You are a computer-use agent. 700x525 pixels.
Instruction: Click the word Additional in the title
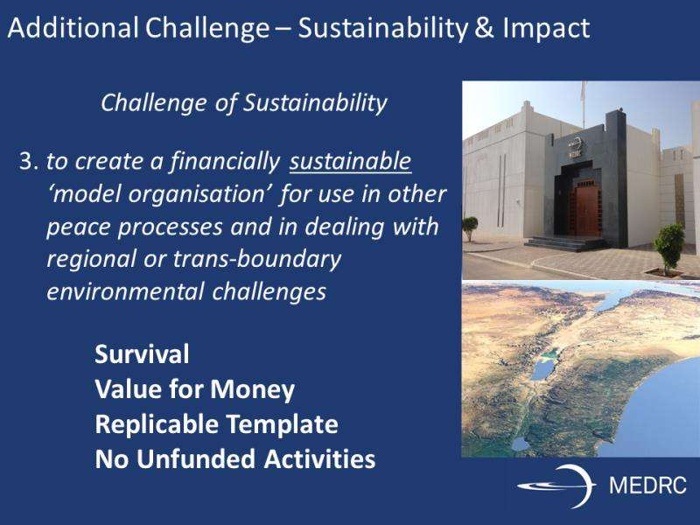pos(73,28)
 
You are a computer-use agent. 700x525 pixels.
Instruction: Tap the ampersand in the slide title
pos(485,28)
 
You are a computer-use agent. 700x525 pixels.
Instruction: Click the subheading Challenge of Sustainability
pos(244,103)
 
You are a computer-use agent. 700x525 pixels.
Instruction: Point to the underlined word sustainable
pos(351,161)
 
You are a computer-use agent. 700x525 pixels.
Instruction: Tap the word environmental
pos(125,292)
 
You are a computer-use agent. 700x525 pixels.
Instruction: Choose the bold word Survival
pos(142,354)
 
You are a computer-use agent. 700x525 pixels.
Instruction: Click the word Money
pos(253,389)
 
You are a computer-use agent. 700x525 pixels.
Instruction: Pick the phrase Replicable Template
pos(216,424)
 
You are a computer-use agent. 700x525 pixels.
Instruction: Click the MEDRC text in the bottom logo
pos(647,486)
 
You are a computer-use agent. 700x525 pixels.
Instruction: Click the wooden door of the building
pos(584,211)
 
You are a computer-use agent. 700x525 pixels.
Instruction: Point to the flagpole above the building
pos(583,105)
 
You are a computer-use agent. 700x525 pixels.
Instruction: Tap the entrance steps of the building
pos(566,244)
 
